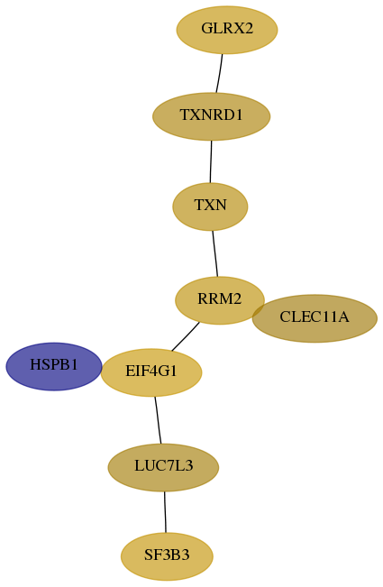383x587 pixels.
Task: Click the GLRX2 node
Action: [227, 30]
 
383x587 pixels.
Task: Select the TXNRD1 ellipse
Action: [211, 116]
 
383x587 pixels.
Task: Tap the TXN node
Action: [210, 206]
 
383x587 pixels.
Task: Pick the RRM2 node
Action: [220, 300]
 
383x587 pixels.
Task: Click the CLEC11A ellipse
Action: [315, 318]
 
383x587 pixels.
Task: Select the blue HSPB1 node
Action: [54, 366]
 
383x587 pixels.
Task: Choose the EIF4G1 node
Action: [151, 372]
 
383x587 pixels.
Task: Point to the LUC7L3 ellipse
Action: [163, 468]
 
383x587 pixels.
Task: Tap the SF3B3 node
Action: [167, 556]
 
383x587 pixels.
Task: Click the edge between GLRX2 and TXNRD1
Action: [219, 73]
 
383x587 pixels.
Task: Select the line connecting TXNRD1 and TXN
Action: [211, 161]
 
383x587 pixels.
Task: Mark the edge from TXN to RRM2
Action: [215, 253]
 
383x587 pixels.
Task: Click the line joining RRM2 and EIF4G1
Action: [186, 337]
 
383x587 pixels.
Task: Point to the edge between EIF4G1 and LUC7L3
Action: [158, 420]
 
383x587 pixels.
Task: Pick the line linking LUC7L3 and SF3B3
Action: [165, 512]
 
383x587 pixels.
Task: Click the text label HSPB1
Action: [54, 364]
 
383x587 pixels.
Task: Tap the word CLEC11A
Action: [315, 317]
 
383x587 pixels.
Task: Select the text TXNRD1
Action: [211, 115]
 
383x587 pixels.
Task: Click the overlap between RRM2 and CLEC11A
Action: [259, 311]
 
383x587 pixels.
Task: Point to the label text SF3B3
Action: [167, 555]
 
